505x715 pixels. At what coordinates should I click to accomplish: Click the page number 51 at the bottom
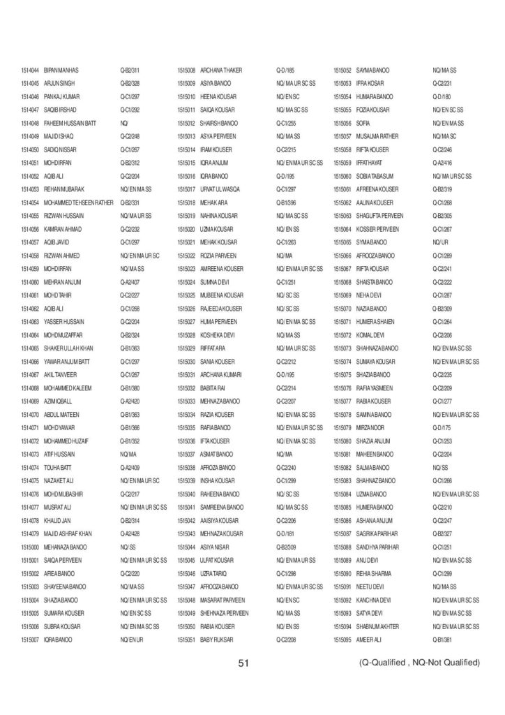click(243, 663)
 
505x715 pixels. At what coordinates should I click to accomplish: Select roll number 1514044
click(30, 71)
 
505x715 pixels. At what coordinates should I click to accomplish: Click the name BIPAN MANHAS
click(61, 71)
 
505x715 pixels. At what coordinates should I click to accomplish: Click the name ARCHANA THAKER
click(221, 71)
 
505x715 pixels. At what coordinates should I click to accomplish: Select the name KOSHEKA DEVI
click(219, 335)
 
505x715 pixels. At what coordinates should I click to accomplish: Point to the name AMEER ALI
click(368, 640)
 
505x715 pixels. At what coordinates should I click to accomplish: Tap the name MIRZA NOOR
click(371, 427)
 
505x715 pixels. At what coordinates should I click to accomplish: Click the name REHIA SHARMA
click(375, 574)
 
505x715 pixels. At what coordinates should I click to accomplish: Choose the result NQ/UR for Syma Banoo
click(439, 242)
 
